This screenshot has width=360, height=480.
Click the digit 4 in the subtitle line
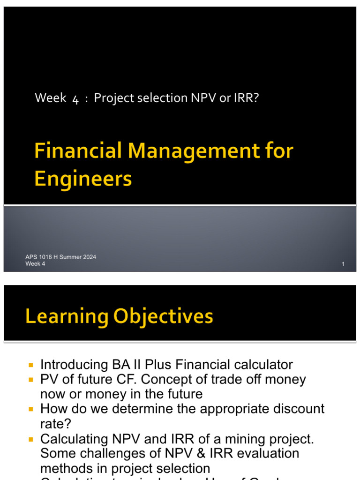[75, 99]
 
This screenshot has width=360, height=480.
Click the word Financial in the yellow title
[77, 151]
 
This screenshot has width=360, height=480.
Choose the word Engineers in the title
[83, 179]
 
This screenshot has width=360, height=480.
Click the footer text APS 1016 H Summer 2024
[60, 257]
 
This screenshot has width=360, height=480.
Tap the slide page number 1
[343, 264]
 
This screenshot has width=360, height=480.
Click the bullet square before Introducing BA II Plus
[31, 365]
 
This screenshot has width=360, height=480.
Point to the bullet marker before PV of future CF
[31, 379]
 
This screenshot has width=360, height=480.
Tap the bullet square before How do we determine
[31, 409]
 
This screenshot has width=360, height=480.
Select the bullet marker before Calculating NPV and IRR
[31, 439]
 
